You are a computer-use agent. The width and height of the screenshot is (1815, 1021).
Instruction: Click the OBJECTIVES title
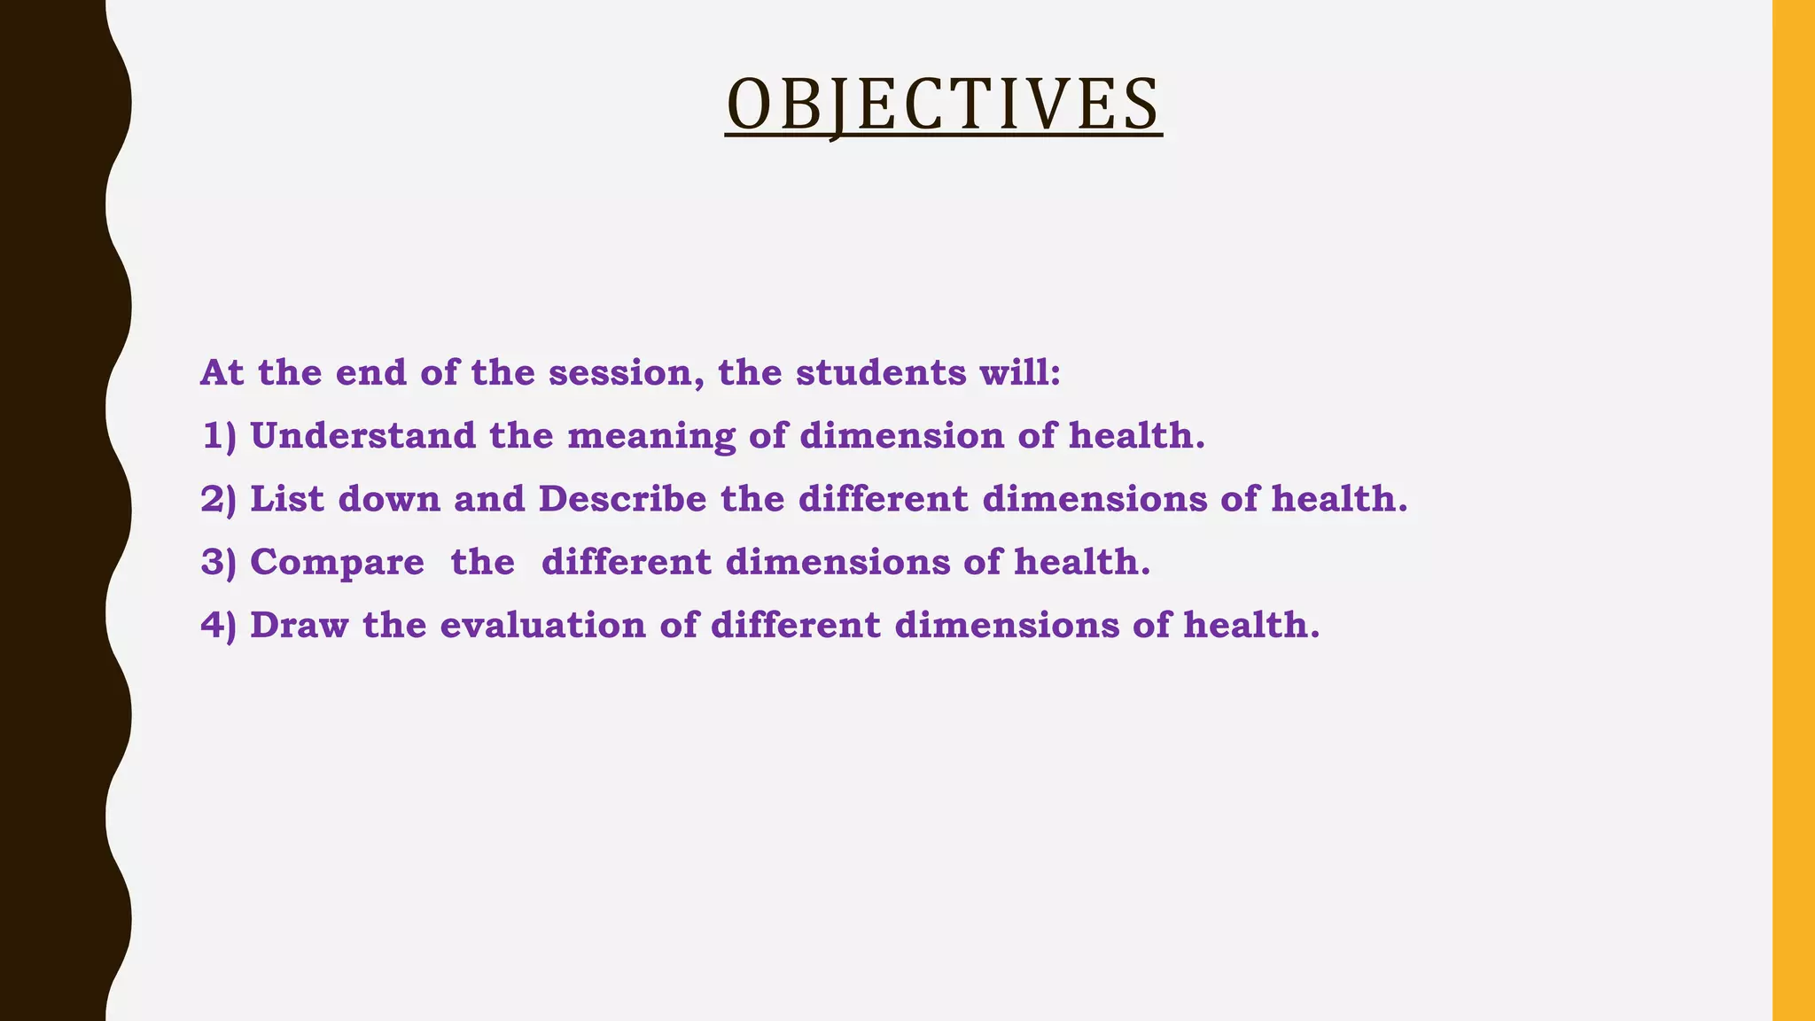pos(943,105)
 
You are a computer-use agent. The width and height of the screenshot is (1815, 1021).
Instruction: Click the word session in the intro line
pos(619,373)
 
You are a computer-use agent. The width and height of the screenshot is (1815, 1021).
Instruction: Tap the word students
pos(881,373)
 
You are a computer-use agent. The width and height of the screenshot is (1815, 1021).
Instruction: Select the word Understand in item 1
pos(362,436)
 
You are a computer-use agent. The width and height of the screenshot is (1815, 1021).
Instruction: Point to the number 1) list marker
pos(219,437)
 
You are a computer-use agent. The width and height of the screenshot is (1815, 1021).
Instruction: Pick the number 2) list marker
pos(219,500)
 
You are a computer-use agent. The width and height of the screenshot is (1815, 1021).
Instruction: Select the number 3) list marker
pos(219,563)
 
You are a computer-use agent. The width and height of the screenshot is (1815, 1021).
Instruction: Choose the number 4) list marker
pos(219,626)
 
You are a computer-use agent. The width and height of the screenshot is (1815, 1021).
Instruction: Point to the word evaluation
pos(542,625)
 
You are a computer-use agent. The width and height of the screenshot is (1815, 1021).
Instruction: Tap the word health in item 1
pos(1136,436)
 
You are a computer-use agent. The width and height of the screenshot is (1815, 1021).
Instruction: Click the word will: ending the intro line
pos(1019,373)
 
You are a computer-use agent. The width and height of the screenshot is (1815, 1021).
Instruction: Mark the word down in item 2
pos(389,499)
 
